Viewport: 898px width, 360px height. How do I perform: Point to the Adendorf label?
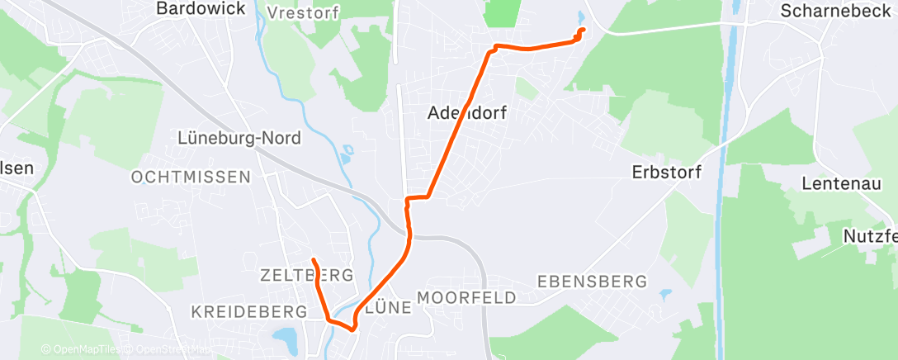click(x=467, y=114)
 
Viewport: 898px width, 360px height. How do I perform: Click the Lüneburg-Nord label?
click(x=240, y=138)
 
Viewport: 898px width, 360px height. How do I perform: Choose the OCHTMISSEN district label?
click(x=191, y=177)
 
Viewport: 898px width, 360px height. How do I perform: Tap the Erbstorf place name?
click(x=666, y=173)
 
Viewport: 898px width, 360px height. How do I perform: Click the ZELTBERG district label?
click(x=306, y=274)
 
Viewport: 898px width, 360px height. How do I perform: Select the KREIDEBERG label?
click(x=249, y=311)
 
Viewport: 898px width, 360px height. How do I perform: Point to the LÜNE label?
click(x=387, y=307)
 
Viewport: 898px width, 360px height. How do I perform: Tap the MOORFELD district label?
click(x=467, y=297)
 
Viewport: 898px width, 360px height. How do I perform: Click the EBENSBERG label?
click(x=591, y=281)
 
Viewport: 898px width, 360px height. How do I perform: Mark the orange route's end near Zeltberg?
click(x=314, y=261)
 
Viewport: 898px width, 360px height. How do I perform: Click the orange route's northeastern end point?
click(x=583, y=31)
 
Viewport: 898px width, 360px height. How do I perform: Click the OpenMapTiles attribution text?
click(x=83, y=350)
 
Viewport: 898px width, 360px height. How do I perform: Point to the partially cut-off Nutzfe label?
click(x=870, y=236)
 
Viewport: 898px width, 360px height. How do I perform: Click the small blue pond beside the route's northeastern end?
click(x=581, y=17)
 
